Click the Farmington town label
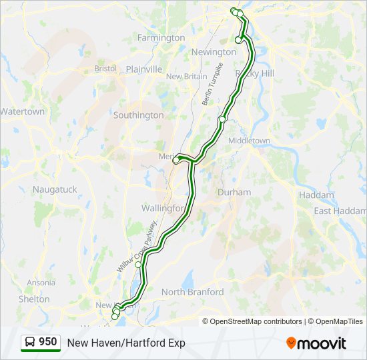point(161,38)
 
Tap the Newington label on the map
point(214,52)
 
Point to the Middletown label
point(249,141)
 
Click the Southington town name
point(138,115)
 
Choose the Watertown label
point(22,111)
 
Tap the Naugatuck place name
point(55,189)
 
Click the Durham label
point(234,193)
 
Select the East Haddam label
point(340,211)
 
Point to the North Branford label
point(192,292)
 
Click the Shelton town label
point(34,299)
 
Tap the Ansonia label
point(41,283)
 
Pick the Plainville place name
point(144,69)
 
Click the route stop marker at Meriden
point(176,160)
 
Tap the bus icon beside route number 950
point(30,343)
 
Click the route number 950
point(48,342)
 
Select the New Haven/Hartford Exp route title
point(126,343)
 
